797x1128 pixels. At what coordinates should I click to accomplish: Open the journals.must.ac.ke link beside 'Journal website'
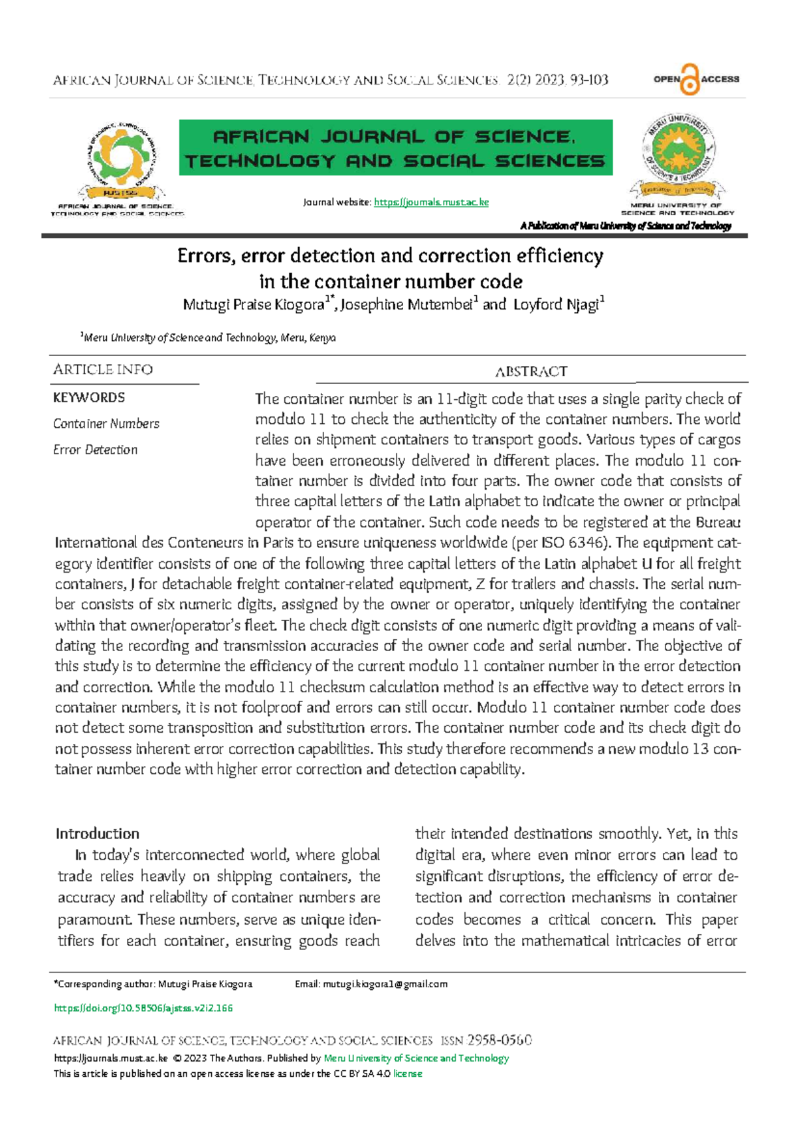(x=431, y=202)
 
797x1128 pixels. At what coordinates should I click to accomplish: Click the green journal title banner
(x=395, y=147)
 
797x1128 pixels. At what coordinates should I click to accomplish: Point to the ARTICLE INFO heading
(x=103, y=369)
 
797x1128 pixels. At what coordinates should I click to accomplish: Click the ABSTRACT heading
(x=531, y=371)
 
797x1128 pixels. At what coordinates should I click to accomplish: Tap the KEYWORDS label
(x=89, y=397)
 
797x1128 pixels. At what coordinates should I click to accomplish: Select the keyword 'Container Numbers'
(x=106, y=423)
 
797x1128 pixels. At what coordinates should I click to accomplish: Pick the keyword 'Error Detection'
(x=95, y=450)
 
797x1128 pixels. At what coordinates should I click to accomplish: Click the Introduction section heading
(x=98, y=834)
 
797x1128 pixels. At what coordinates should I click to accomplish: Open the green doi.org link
(x=143, y=1008)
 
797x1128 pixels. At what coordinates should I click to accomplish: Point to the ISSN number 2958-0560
(x=499, y=1040)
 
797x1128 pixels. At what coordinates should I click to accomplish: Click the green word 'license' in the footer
(x=407, y=1074)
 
